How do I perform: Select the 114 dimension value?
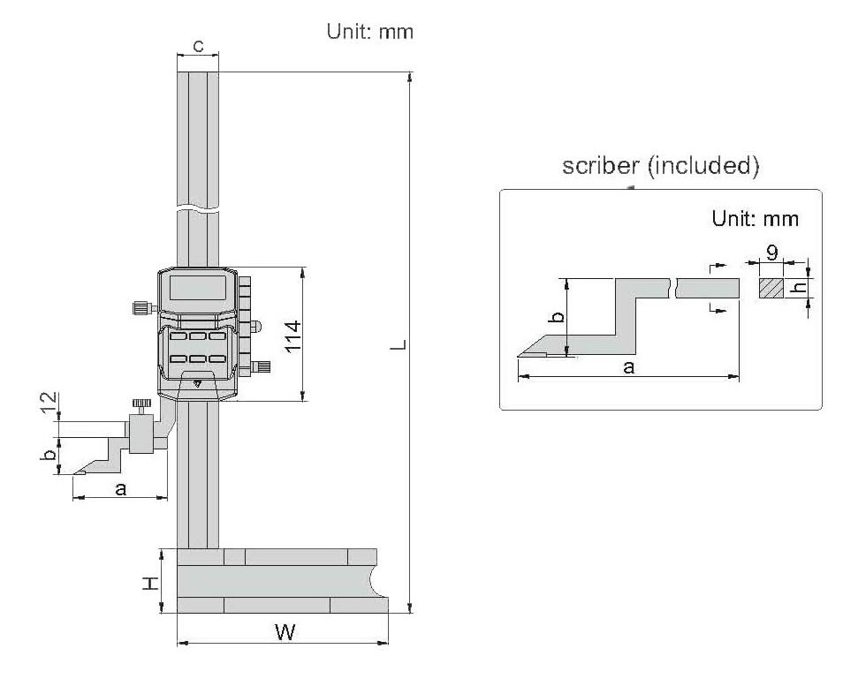(293, 336)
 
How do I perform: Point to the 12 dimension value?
(50, 405)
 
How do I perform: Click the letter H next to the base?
(151, 582)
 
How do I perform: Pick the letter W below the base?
(284, 632)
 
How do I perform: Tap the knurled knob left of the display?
(140, 308)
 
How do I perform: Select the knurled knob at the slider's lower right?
(262, 366)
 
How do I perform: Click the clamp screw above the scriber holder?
(141, 405)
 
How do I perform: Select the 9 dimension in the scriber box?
(771, 253)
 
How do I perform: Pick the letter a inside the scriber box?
(628, 366)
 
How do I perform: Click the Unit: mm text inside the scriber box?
(756, 218)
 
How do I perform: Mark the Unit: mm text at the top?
(370, 32)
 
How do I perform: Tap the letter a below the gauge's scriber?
(121, 488)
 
